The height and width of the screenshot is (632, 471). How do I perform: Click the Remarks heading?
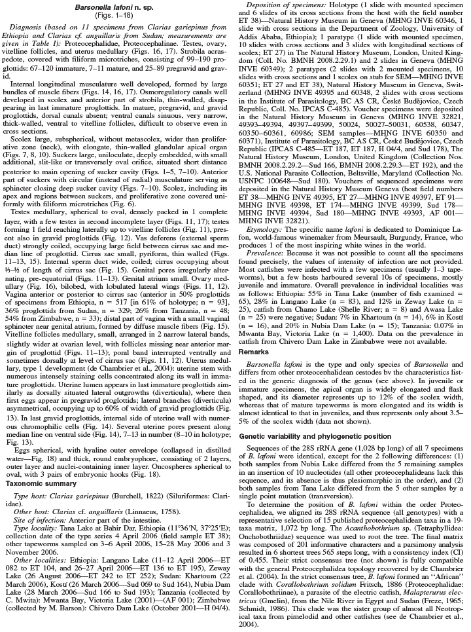[256, 352]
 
